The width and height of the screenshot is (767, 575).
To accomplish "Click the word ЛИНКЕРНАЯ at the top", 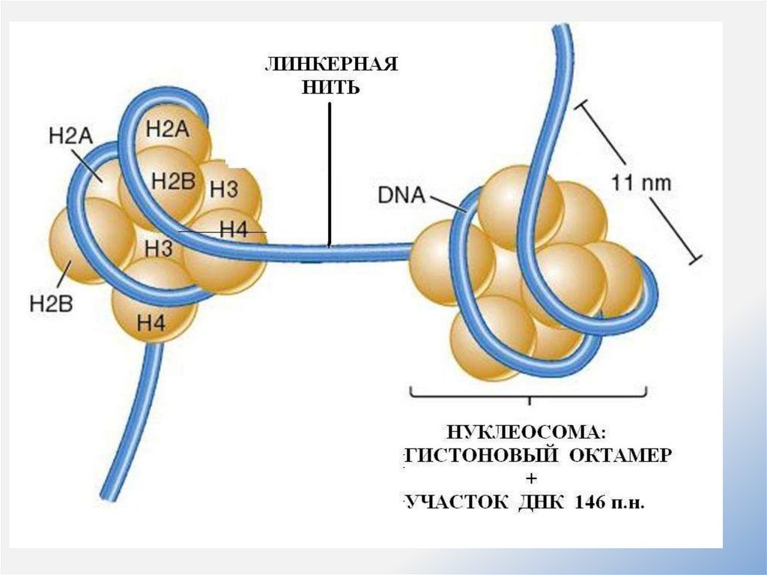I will click(330, 65).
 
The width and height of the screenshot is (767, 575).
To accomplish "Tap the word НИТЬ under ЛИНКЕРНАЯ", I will click(330, 88).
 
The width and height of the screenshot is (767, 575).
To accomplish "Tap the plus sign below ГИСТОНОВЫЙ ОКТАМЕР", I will click(532, 478).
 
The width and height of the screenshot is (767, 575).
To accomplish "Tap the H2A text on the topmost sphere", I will click(168, 129).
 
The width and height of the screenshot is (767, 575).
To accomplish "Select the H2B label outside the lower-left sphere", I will click(50, 304).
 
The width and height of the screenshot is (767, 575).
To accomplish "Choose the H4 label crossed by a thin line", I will click(233, 230).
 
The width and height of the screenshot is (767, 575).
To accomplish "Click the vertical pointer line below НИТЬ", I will click(329, 172).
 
